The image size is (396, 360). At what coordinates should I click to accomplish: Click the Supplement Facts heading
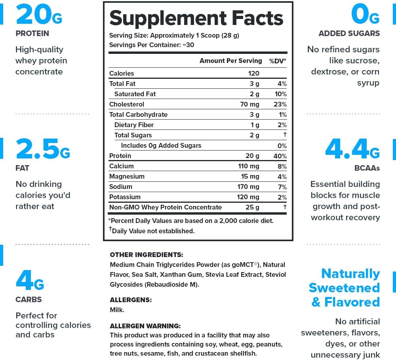click(x=196, y=18)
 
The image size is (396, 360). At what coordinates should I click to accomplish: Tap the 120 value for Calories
click(x=253, y=73)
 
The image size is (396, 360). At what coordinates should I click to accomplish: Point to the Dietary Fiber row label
click(x=134, y=125)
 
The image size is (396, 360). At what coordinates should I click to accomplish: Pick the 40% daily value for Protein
click(x=280, y=156)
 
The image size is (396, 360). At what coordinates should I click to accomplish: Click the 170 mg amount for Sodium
click(x=249, y=187)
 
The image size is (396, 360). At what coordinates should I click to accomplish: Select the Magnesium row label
click(x=127, y=176)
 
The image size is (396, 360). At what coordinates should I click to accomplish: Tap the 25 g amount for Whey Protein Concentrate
click(x=252, y=207)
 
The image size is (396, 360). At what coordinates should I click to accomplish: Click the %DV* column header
click(x=278, y=61)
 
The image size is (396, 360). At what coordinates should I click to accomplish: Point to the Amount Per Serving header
click(x=230, y=61)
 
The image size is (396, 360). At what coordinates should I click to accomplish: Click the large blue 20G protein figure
click(x=38, y=15)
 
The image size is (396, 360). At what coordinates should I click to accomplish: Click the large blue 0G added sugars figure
click(x=365, y=15)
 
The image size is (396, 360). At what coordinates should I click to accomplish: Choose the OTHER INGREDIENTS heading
click(x=146, y=255)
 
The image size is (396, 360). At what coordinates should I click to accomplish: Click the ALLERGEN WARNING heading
click(x=145, y=326)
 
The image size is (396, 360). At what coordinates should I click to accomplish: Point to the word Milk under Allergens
click(x=117, y=310)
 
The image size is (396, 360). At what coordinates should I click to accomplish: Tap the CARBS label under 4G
click(x=29, y=299)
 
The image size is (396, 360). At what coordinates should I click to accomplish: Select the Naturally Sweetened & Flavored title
click(x=345, y=288)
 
